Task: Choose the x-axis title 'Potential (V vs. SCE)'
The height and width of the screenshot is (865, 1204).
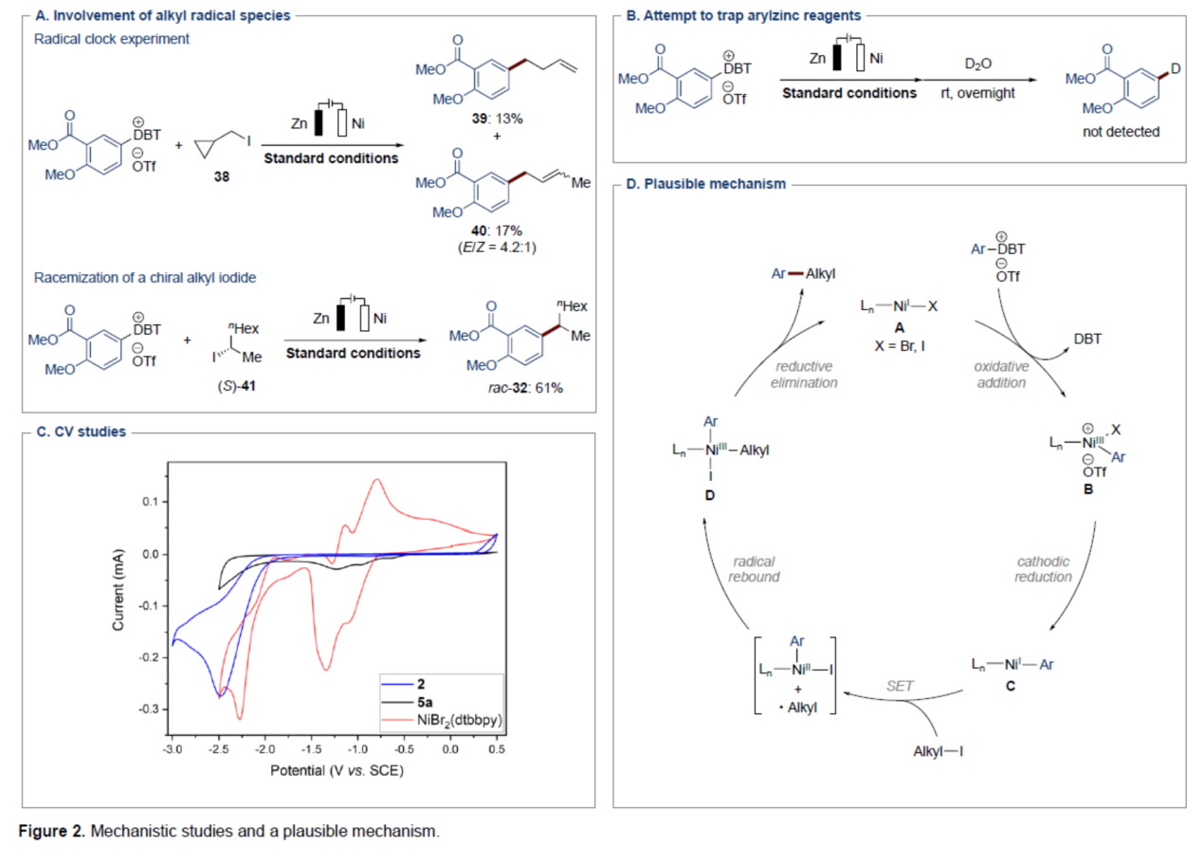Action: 334,770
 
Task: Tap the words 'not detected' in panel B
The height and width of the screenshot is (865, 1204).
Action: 1121,132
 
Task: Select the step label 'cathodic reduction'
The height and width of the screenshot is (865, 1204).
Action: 1044,568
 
